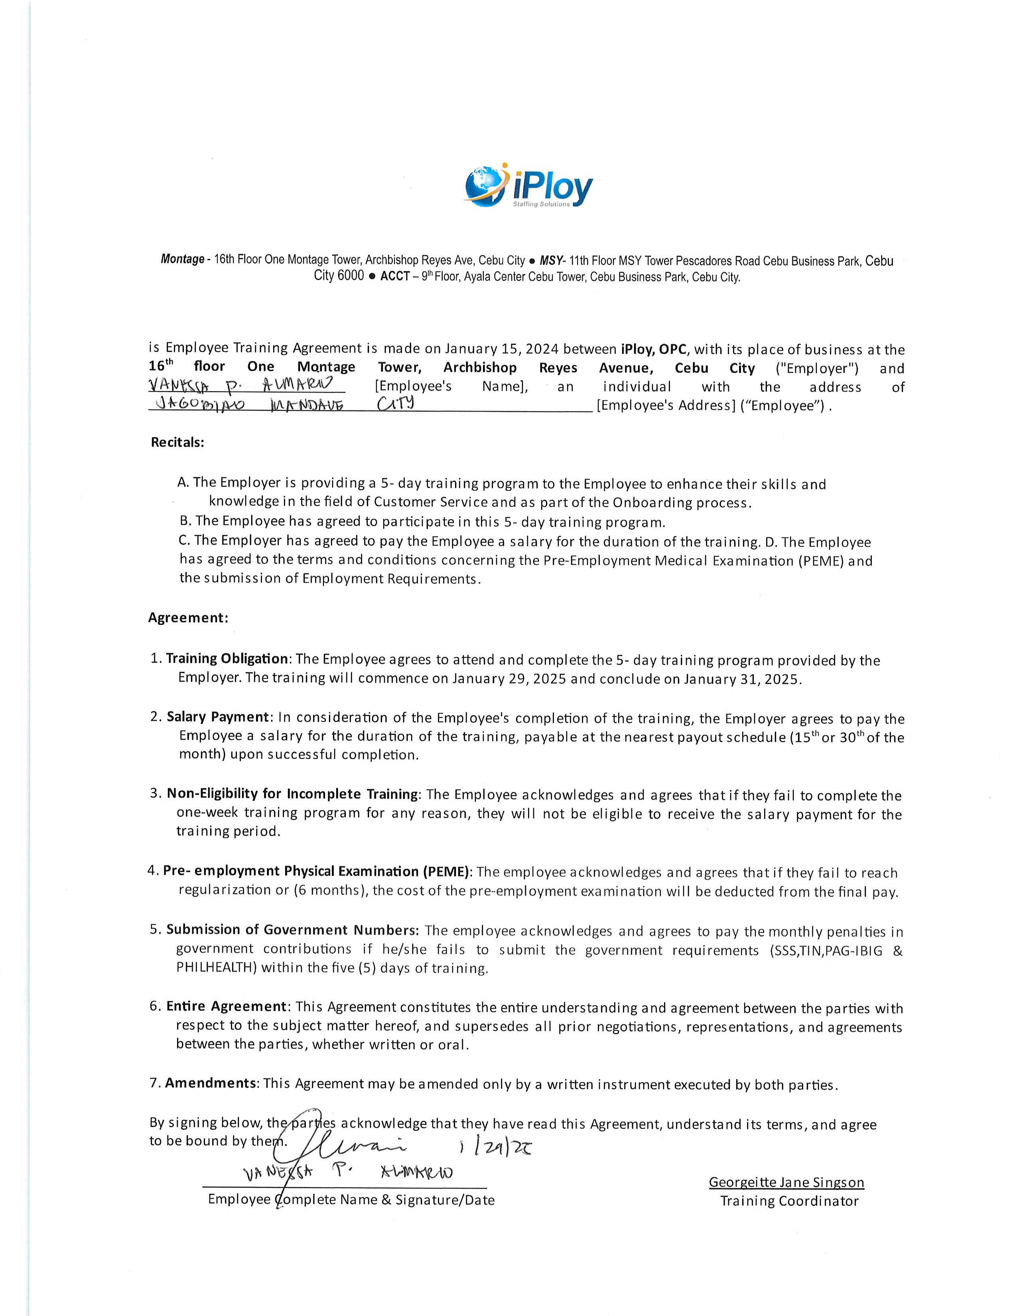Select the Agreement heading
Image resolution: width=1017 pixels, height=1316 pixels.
tap(188, 618)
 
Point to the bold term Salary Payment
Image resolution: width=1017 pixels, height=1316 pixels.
tap(217, 717)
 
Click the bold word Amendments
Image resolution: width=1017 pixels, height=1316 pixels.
tap(211, 1083)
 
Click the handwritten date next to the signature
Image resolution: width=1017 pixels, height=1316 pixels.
tap(495, 1149)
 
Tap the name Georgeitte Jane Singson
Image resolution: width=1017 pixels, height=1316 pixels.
tap(786, 1182)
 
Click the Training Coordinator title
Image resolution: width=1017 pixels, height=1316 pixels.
tap(789, 1201)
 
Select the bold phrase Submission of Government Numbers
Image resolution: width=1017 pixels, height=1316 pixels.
tap(292, 930)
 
